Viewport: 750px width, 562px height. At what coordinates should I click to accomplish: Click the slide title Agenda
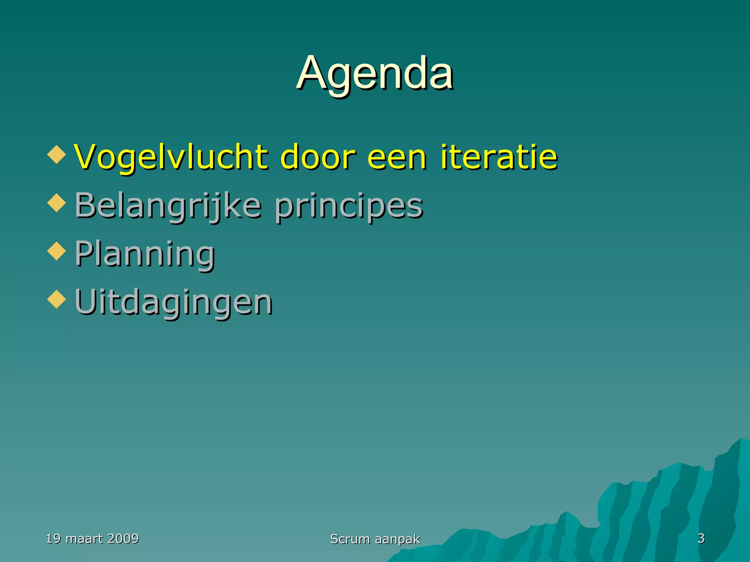point(375,73)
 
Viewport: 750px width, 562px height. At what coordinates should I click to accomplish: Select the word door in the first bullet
point(318,157)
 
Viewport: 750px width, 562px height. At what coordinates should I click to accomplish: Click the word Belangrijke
point(168,206)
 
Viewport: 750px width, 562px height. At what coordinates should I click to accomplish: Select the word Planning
point(145,254)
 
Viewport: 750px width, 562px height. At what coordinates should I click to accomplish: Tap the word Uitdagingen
point(173,302)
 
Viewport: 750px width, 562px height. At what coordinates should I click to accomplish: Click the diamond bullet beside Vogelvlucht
point(57,155)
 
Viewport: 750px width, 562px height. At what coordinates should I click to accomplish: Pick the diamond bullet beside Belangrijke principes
point(57,203)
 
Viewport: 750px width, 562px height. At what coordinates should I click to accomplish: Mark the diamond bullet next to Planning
point(57,251)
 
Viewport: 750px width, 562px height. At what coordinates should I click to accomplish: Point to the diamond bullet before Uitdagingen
point(57,300)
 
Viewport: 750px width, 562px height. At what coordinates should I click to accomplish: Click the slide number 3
point(701,538)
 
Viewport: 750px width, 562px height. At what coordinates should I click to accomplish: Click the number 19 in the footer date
point(53,539)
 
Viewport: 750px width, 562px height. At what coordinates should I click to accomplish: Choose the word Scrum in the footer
point(350,539)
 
